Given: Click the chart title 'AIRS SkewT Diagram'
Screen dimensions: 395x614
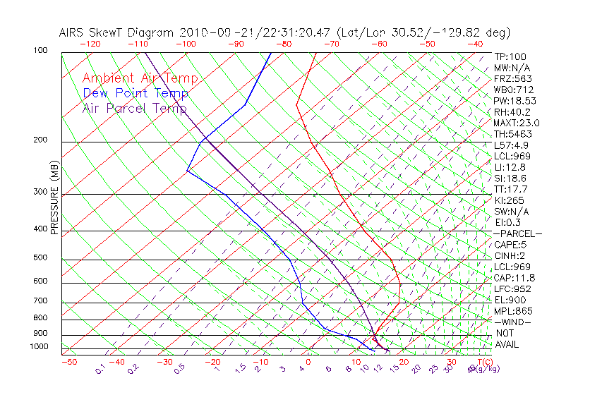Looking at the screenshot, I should click(x=117, y=32).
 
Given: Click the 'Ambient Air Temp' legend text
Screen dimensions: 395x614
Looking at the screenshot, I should click(x=140, y=78).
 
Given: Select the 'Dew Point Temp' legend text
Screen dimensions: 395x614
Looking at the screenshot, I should click(x=136, y=93).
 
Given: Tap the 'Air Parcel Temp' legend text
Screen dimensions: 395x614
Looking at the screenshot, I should click(x=135, y=108).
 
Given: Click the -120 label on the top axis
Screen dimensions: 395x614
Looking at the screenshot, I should click(x=90, y=44).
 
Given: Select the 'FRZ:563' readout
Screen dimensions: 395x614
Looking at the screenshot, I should click(x=513, y=78).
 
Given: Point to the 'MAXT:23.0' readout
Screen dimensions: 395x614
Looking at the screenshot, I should click(x=517, y=123).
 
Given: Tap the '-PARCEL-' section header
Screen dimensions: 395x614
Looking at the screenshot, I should click(x=518, y=233).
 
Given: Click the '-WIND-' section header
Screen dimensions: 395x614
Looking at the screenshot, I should click(x=513, y=322).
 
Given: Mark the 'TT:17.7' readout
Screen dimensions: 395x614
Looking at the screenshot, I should click(x=511, y=189).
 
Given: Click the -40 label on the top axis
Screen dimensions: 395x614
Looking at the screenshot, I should click(x=475, y=44).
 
